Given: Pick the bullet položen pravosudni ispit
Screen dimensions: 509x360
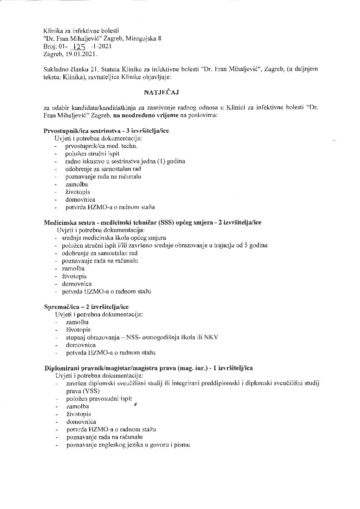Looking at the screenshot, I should pyautogui.click(x=99, y=399).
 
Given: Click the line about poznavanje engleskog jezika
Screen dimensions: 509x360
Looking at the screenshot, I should pyautogui.click(x=128, y=445).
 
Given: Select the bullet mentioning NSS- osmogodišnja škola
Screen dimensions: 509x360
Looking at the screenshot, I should pyautogui.click(x=142, y=338).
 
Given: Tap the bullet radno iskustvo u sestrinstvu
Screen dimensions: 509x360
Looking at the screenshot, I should pyautogui.click(x=125, y=161).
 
